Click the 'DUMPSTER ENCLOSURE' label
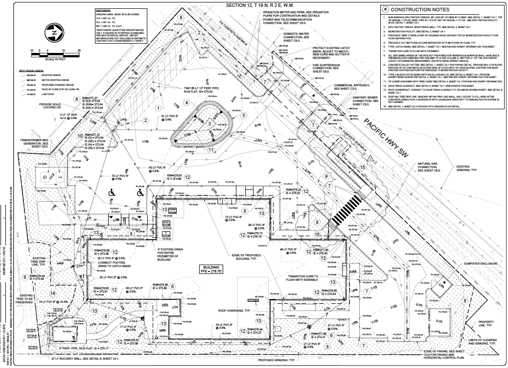[482, 264]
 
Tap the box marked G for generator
[45, 177]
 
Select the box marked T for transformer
[60, 177]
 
